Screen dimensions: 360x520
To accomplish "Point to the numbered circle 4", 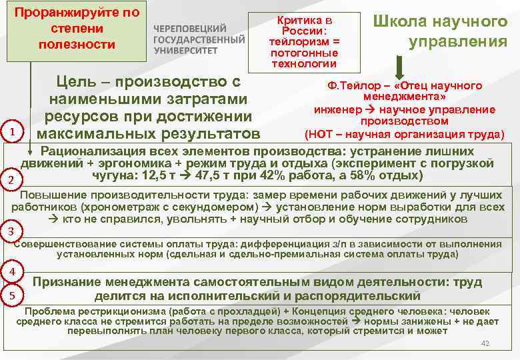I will tap(13, 272).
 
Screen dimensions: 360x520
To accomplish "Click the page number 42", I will tap(485, 343).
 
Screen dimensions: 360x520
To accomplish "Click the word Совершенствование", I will tap(67, 243).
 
